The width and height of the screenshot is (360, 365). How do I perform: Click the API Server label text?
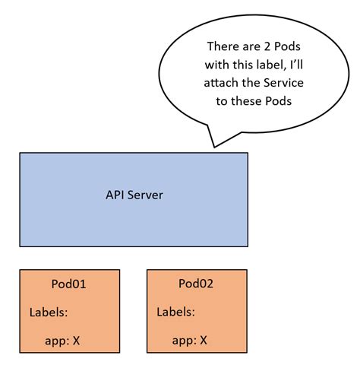[x=134, y=195]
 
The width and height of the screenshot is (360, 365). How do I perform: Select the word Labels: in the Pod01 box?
[x=49, y=313]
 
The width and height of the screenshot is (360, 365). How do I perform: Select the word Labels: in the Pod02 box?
[x=175, y=313]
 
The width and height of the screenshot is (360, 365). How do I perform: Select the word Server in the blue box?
[x=145, y=195]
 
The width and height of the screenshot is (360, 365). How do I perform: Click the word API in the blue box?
[x=115, y=195]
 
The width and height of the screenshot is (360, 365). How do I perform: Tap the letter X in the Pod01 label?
[x=77, y=341]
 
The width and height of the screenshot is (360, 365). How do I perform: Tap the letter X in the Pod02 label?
[x=204, y=341]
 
